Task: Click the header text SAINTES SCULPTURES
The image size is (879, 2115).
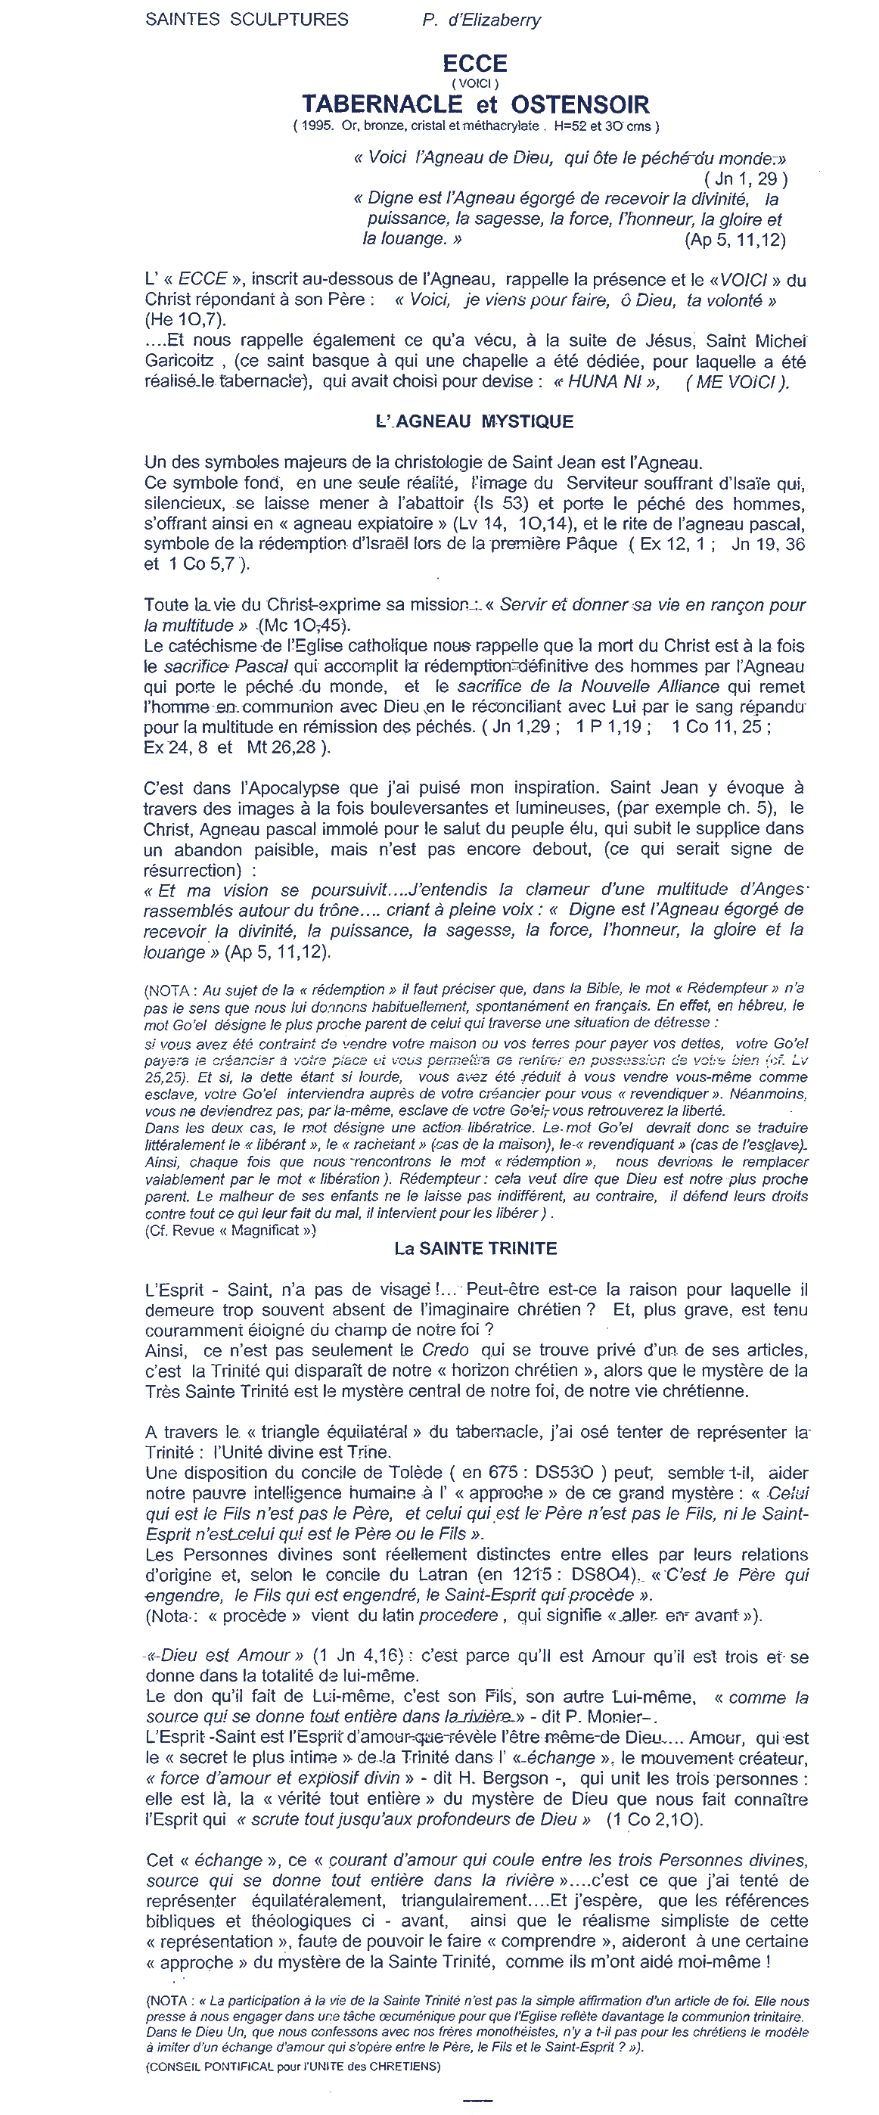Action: (246, 19)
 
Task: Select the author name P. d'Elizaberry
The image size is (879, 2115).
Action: (481, 20)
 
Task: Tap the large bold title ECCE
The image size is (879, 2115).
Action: (474, 64)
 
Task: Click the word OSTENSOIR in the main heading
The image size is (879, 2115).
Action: (579, 104)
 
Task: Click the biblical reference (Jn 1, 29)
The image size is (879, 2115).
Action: (745, 179)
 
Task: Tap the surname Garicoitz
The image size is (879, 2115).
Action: (182, 362)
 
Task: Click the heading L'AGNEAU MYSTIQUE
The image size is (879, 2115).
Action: (474, 421)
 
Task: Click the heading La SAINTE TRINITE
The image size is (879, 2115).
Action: (475, 1248)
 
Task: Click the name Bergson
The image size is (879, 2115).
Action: (510, 1778)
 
